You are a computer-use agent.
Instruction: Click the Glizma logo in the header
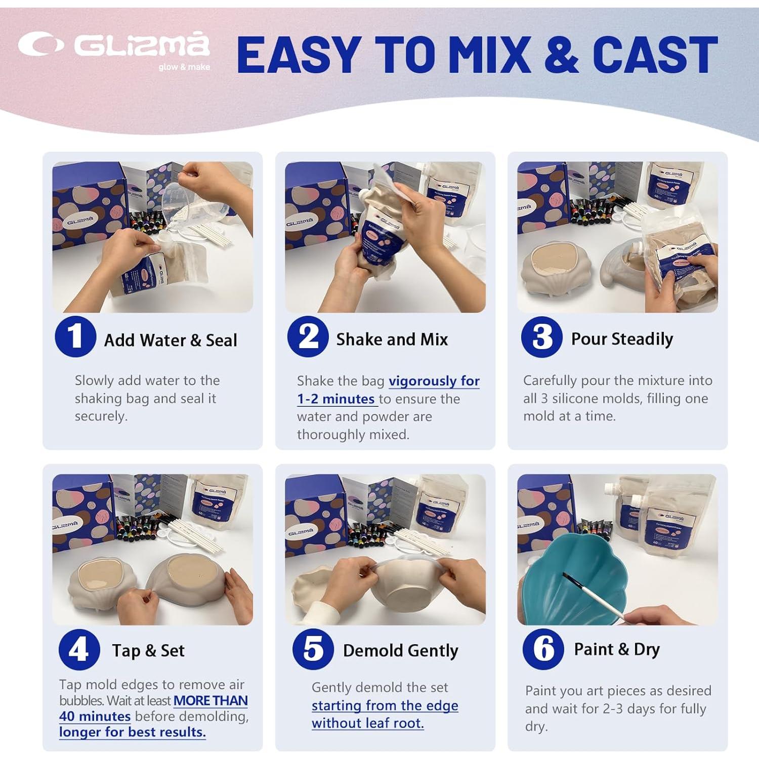(114, 46)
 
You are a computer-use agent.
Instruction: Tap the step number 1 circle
(75, 336)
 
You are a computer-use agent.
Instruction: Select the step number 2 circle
(308, 336)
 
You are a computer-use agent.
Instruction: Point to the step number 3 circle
(541, 337)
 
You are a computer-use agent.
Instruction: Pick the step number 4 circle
(79, 649)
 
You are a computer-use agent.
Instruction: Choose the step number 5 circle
(313, 649)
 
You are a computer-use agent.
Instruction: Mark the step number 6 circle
(543, 649)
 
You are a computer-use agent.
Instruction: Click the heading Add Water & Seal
(171, 341)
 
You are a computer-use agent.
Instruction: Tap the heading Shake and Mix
(392, 340)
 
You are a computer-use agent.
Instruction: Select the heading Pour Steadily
(622, 339)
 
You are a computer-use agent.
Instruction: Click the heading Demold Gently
(400, 651)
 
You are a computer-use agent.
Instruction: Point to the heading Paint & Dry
(616, 649)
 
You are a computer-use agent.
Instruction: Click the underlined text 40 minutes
(95, 716)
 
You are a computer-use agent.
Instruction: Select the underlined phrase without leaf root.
(367, 724)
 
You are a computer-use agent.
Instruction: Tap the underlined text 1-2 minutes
(336, 399)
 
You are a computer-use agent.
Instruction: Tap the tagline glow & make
(184, 67)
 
